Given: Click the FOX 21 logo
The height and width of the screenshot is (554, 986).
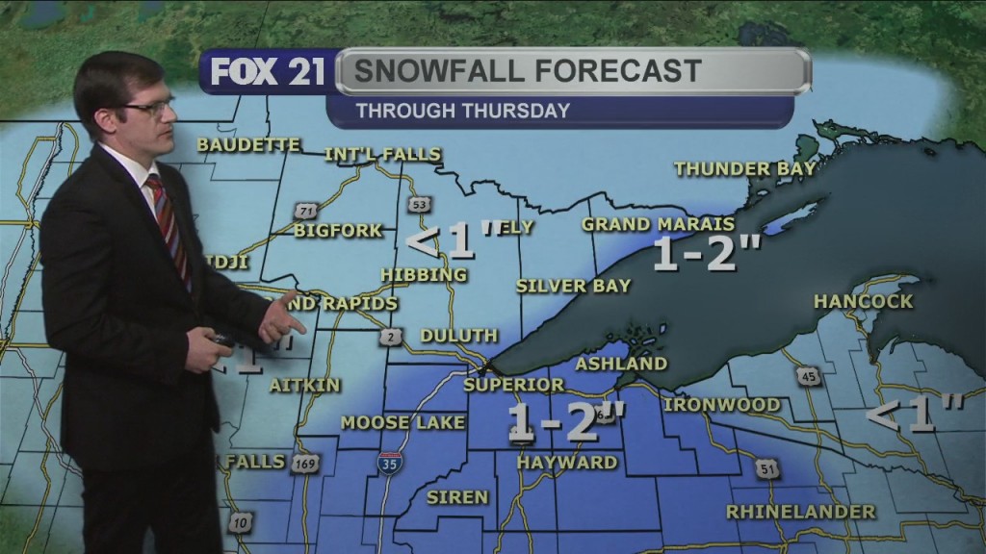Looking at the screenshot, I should pos(267,73).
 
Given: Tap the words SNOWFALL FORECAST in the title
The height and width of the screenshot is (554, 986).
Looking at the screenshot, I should pos(527,71).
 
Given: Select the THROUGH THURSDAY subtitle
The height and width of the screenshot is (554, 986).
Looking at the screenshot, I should pos(462,111).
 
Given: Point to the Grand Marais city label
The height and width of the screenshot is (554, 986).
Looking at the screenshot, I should pos(658,224).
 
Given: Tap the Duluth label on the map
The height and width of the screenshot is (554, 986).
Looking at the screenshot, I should pos(458,336).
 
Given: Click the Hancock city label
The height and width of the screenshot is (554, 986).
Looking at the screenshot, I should pos(863,301).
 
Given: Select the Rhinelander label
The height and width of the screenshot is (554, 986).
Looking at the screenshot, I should pos(800,511).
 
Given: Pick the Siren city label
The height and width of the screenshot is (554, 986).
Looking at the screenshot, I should pos(456,497).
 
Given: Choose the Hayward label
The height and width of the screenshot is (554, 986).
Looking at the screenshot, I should pos(566,463).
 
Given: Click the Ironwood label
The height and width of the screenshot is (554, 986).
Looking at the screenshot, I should pos(721,405).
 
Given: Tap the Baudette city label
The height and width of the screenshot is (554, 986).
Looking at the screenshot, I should pos(248,145).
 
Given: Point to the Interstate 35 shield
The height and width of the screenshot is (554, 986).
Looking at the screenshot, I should pos(390,462).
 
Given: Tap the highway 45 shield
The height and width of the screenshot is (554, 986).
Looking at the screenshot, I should pos(810,377).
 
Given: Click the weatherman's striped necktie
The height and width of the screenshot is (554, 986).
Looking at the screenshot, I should pos(169,226).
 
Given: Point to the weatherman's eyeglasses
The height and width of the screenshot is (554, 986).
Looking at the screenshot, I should pos(150,106).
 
